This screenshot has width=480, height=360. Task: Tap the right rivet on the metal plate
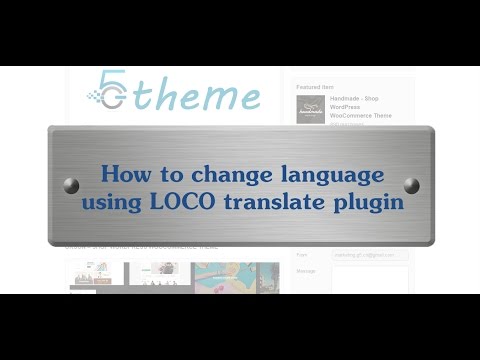[x=411, y=185]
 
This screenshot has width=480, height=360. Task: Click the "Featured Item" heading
[x=317, y=86]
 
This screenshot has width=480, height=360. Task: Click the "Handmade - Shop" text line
[x=360, y=99]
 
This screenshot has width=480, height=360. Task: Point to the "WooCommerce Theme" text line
[x=360, y=116]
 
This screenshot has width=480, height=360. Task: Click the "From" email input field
[x=370, y=255]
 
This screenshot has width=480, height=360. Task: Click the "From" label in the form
[x=302, y=255]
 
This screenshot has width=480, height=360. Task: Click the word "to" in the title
[x=163, y=172]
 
